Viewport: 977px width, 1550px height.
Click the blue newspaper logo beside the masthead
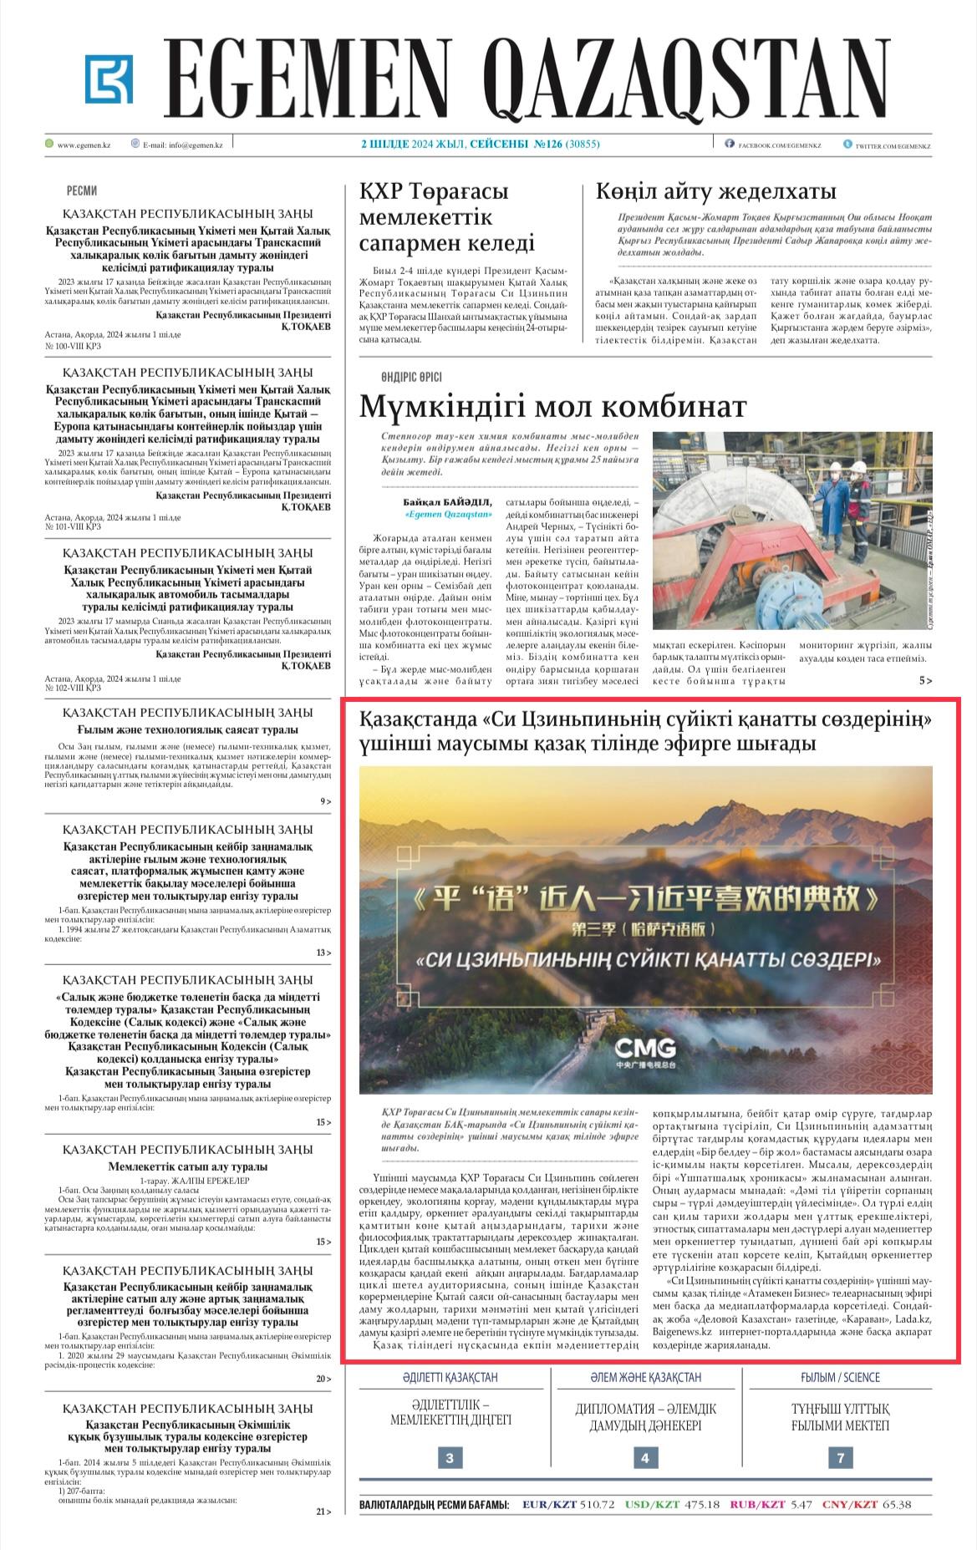[x=109, y=79]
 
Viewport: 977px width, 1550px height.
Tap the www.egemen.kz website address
[x=84, y=145]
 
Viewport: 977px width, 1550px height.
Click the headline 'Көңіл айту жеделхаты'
[x=715, y=191]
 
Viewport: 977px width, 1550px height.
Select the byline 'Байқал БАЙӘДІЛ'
[x=448, y=502]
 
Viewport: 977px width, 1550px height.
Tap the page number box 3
[x=450, y=1458]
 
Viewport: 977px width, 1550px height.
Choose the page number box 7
[x=840, y=1458]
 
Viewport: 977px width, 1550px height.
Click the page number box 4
[x=644, y=1458]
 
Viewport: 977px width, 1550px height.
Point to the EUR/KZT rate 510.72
[x=597, y=1505]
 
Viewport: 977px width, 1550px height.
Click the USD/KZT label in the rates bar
[x=652, y=1505]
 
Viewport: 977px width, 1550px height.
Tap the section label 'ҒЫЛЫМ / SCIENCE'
[x=840, y=1377]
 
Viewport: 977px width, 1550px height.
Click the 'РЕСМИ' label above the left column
[x=81, y=191]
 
